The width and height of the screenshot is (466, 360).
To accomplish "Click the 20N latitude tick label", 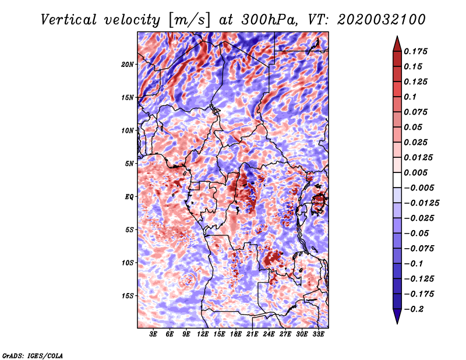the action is [128, 64].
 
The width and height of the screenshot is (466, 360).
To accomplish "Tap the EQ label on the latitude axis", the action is [129, 196].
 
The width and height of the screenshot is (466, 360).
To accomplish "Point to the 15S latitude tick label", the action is [128, 296].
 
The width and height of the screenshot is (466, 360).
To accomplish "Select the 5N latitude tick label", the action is [129, 164].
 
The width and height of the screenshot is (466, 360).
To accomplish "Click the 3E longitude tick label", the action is [153, 334].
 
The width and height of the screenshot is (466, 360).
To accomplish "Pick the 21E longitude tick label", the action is [252, 334].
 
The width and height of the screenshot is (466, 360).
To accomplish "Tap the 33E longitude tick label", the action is [318, 334].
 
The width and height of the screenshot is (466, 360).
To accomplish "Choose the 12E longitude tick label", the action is [203, 334].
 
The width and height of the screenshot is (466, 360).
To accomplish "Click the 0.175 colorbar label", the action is [415, 51].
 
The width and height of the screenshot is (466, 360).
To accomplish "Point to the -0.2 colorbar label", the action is [414, 309].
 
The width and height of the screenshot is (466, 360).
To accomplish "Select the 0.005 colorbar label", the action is [415, 172].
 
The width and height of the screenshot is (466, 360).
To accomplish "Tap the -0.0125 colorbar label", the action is [421, 203].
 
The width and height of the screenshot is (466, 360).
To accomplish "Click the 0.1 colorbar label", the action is [410, 97].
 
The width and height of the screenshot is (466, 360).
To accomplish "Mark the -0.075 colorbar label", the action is [419, 249].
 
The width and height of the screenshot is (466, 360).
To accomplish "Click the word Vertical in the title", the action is [69, 20].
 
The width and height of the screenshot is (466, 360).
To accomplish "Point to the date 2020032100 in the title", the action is [382, 20].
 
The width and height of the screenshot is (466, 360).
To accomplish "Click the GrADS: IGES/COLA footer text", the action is [33, 355].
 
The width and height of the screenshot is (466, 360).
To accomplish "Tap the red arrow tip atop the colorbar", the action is [397, 37].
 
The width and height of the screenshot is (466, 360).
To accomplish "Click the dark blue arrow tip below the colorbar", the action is [397, 323].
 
